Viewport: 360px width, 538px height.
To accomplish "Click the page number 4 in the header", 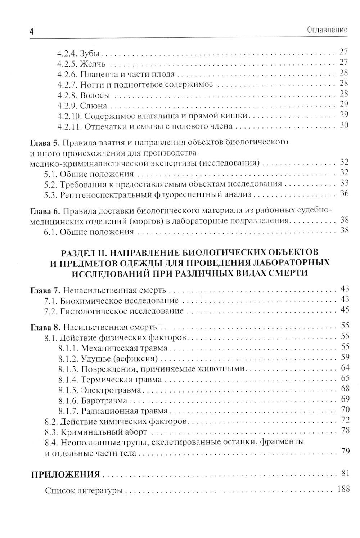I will [31, 32].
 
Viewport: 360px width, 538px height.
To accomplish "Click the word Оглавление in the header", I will [327, 30].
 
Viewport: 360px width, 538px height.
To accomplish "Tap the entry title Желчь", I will [93, 64].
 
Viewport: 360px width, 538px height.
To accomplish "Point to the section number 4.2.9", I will [67, 106].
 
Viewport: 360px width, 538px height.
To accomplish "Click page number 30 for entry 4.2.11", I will [344, 125].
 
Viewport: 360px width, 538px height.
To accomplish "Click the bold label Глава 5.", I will [44, 142].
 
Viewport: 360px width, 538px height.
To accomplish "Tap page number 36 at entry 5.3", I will [344, 193].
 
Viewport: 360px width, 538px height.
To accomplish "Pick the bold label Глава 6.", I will [44, 210].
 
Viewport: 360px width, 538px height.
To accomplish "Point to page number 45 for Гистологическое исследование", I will [345, 309].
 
